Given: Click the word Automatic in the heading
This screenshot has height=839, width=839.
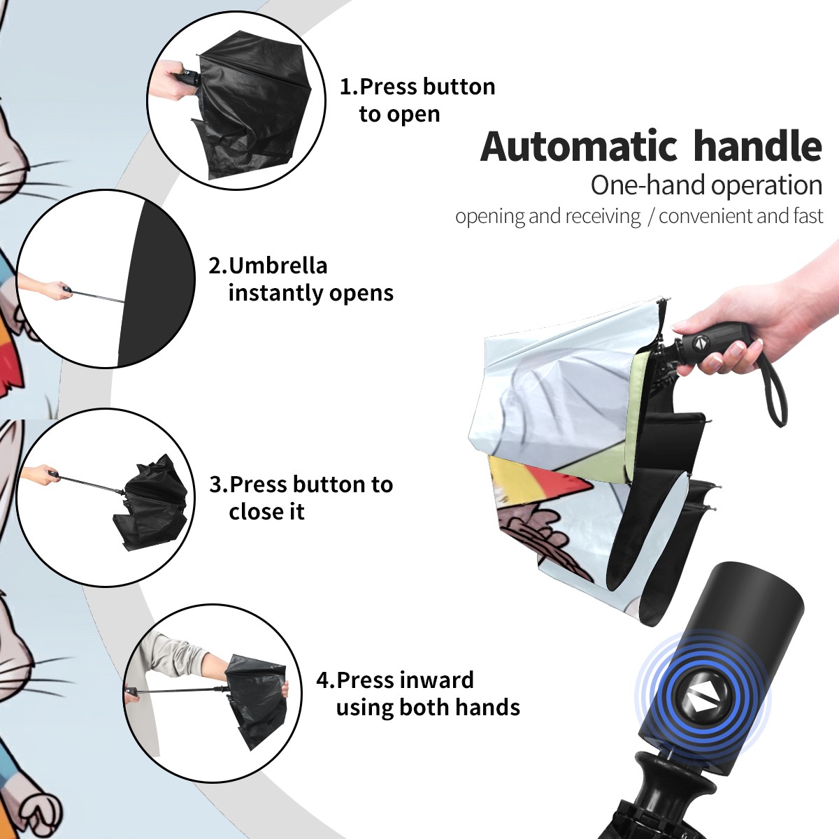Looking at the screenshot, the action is (579, 146).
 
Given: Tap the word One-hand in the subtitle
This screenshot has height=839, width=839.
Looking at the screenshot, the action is (648, 185).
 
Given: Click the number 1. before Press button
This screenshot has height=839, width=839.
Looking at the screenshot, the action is (349, 87).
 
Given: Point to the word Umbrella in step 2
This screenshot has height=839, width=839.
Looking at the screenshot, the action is (278, 266).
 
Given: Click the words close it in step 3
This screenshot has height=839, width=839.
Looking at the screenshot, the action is (266, 511).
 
